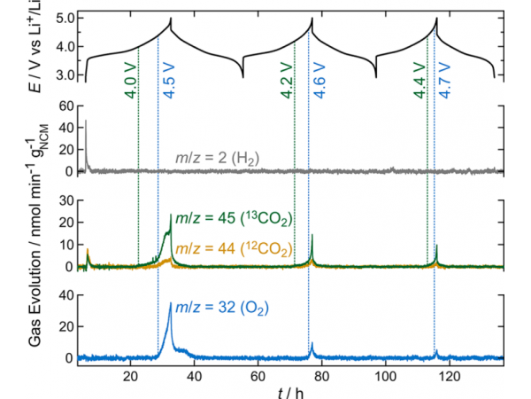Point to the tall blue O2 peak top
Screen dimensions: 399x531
click(x=171, y=304)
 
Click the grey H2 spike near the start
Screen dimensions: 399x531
click(x=86, y=122)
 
